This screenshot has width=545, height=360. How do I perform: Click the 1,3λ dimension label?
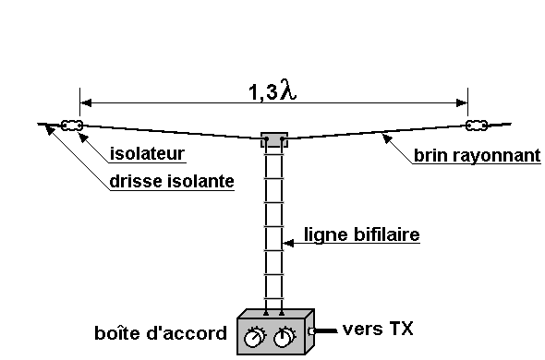pos(272,90)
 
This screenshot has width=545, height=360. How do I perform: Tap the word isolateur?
pos(147,153)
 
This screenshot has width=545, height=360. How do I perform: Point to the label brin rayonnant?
pos(478,155)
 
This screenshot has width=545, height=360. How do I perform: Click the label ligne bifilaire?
pos(362,234)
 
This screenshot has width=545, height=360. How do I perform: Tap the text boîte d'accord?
pos(161,333)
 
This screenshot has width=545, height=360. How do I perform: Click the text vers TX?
pos(378,329)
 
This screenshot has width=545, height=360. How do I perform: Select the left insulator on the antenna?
pos(72,126)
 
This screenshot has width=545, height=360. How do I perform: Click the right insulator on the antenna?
pos(476,126)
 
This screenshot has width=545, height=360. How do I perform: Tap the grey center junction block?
pos(274,139)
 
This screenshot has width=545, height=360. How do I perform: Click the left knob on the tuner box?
pos(254,337)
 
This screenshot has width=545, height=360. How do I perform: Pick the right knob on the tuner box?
pos(284,337)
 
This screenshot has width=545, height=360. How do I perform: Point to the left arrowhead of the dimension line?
pos(86,102)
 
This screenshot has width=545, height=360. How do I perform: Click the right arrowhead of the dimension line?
pos(462,102)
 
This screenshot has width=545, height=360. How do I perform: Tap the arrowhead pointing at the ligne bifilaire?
pos(288,243)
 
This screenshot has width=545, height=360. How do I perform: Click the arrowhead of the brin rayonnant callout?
pos(386,138)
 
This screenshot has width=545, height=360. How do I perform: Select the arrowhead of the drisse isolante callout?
pos(50,129)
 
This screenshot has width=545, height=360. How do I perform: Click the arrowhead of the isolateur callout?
pos(83,138)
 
